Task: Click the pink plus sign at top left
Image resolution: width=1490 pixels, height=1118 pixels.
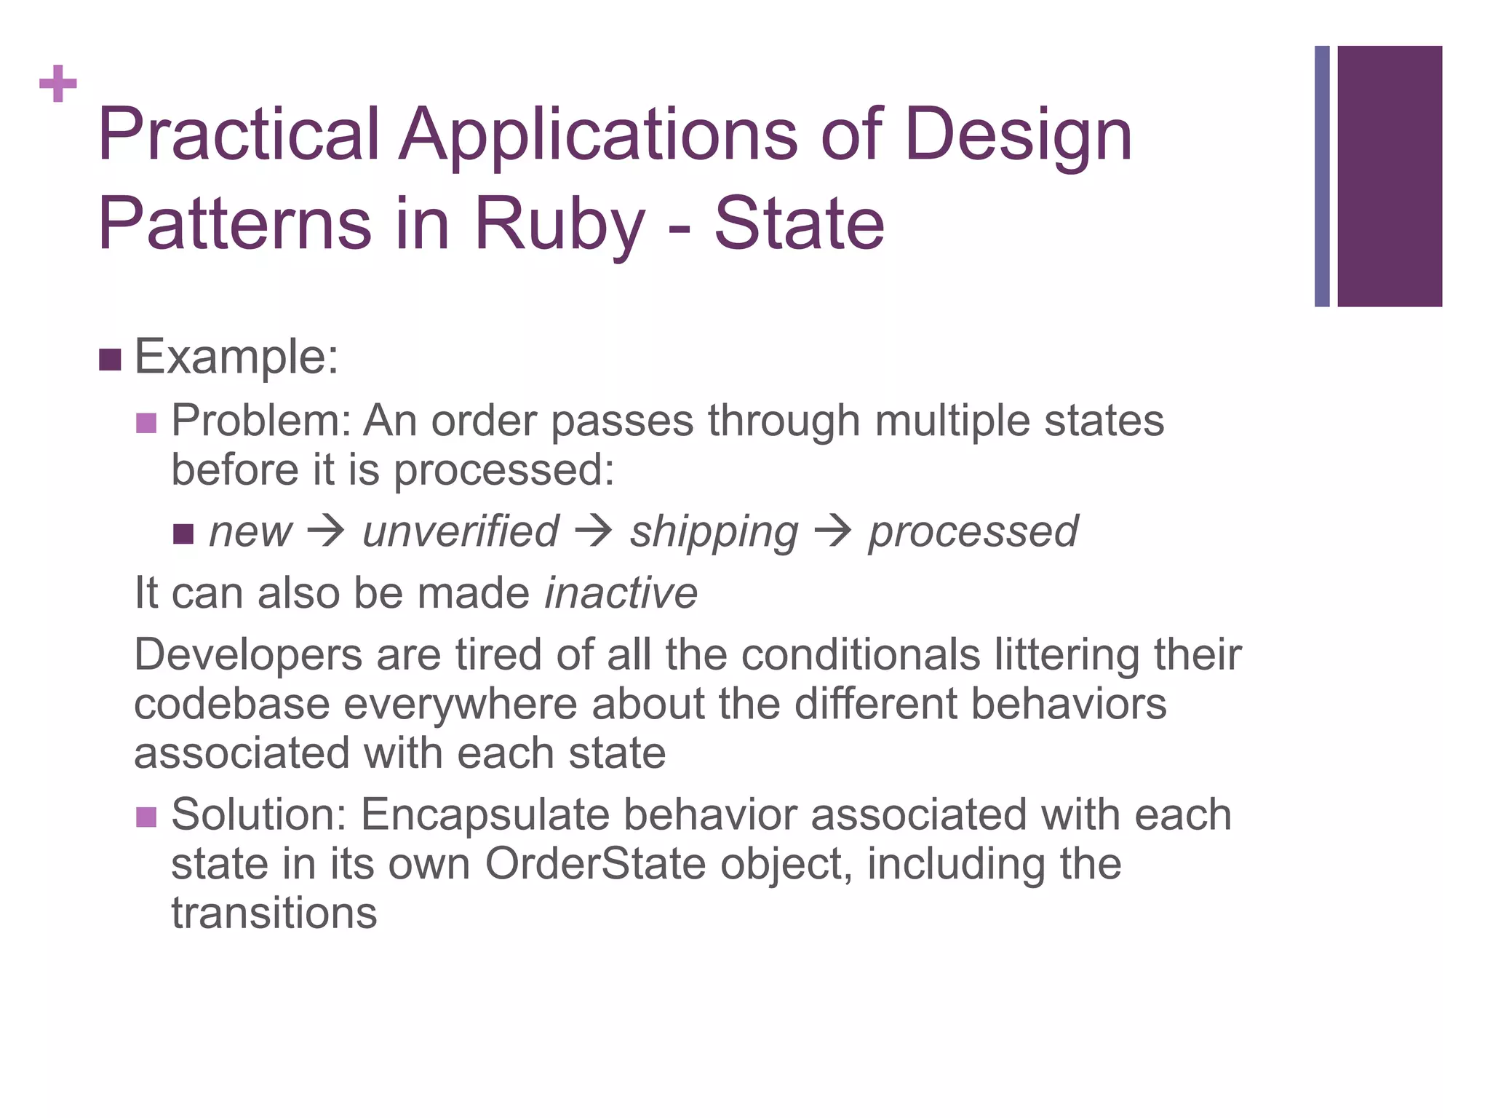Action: tap(58, 84)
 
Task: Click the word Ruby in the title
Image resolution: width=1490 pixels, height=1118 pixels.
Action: tap(559, 223)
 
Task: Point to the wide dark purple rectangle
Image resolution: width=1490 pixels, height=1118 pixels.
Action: tap(1389, 176)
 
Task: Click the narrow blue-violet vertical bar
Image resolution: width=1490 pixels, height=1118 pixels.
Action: tap(1322, 176)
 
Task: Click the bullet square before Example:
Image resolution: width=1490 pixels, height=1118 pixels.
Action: tap(110, 360)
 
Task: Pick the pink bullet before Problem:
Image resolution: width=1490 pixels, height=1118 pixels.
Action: tap(146, 423)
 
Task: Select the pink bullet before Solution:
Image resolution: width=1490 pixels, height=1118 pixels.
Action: tap(146, 817)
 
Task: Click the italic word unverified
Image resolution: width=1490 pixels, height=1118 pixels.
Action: tap(461, 531)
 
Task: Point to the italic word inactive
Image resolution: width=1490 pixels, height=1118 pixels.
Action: tap(621, 593)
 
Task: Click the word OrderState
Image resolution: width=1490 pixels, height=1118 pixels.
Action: tap(595, 865)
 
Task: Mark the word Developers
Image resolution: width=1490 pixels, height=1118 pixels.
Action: tap(247, 655)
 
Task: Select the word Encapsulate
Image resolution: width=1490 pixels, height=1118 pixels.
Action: tap(485, 815)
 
